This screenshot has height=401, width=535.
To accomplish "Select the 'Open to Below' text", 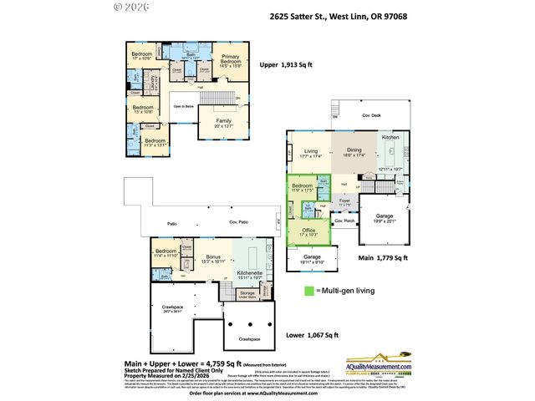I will point(185,107).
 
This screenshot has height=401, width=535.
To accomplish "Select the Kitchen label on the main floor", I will point(390,137).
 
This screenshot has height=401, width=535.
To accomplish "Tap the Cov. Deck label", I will point(371,114).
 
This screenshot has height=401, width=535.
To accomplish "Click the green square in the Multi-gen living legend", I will point(308,290).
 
